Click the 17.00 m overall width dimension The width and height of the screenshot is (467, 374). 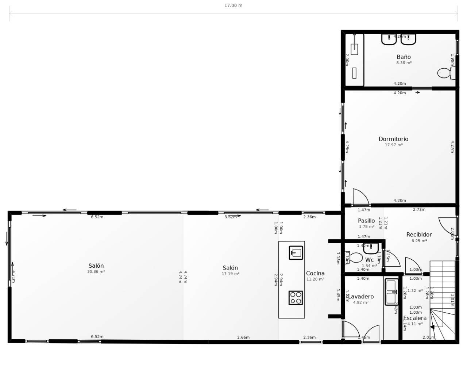(x=233, y=5)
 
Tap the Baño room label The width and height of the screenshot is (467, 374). (x=404, y=57)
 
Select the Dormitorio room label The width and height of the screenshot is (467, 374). (x=393, y=139)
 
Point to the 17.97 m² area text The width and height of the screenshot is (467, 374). (x=394, y=145)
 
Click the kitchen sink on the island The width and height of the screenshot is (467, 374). (x=296, y=253)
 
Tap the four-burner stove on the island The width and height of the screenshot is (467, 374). (x=296, y=298)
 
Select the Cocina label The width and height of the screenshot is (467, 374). (x=315, y=273)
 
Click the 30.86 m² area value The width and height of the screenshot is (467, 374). (x=96, y=272)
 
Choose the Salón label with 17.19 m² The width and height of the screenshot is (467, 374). (x=230, y=268)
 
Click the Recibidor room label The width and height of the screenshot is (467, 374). (x=419, y=234)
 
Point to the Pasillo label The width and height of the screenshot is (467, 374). (x=366, y=221)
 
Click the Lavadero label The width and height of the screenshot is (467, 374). (x=361, y=297)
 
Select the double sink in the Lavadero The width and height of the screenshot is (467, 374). (x=391, y=292)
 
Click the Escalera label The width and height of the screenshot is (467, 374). (x=415, y=318)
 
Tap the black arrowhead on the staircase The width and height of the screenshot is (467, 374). (x=432, y=327)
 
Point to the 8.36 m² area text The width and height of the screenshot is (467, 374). (x=404, y=63)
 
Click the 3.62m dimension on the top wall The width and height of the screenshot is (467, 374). (x=230, y=217)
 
